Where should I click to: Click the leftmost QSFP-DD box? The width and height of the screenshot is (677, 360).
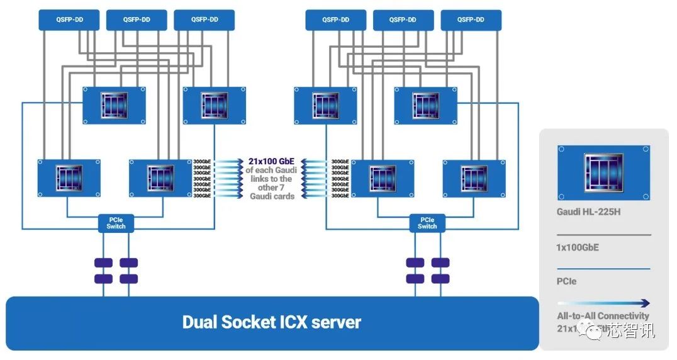click(x=69, y=20)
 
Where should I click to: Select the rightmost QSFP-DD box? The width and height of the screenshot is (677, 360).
click(x=471, y=20)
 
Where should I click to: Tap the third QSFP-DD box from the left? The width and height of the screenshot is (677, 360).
click(x=204, y=20)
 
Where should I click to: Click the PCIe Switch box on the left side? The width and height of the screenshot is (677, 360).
click(x=116, y=223)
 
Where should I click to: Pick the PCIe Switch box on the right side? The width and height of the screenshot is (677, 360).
click(x=427, y=223)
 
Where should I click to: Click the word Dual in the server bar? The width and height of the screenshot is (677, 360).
click(x=202, y=323)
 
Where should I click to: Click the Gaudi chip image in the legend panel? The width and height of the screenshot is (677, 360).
click(x=603, y=172)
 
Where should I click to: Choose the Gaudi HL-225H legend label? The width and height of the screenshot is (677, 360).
click(x=588, y=211)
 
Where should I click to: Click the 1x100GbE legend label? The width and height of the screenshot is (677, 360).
click(x=578, y=247)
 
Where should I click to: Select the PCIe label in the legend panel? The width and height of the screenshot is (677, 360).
click(x=566, y=281)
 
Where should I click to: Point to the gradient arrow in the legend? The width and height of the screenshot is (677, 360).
click(x=603, y=303)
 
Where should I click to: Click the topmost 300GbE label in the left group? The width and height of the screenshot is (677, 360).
click(x=202, y=162)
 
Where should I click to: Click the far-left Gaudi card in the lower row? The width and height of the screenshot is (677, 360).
click(x=69, y=178)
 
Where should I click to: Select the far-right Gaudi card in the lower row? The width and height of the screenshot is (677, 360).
click(x=474, y=178)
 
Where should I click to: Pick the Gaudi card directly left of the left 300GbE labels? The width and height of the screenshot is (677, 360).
click(x=160, y=178)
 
